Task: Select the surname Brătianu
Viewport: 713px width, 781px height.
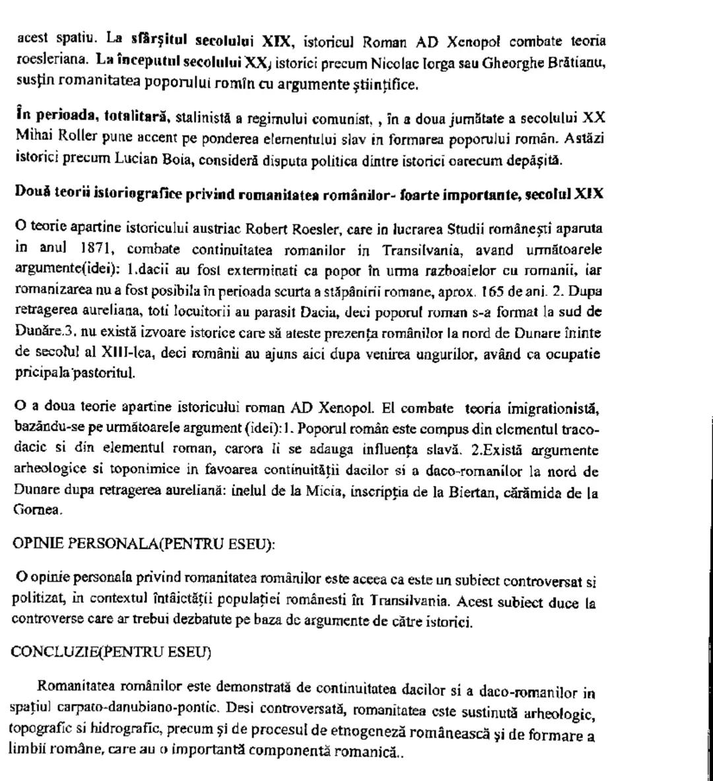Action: [x=574, y=63]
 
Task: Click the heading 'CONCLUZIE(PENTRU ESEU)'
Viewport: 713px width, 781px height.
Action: [x=111, y=653]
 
